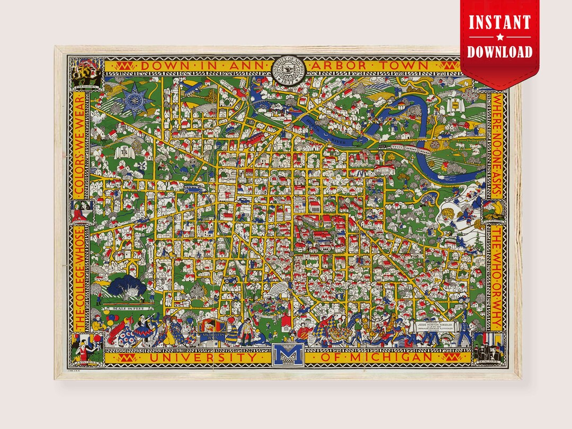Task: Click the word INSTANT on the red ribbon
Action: tap(499, 23)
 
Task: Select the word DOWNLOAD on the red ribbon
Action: tap(499, 51)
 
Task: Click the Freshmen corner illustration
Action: tap(85, 71)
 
